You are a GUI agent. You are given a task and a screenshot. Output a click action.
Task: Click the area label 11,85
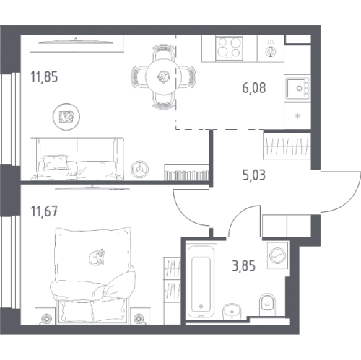point(44,77)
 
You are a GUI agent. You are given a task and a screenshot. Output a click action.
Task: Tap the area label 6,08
point(254,88)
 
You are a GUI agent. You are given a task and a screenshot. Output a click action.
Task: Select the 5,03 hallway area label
point(254,175)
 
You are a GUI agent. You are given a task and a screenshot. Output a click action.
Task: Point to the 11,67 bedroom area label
point(44,212)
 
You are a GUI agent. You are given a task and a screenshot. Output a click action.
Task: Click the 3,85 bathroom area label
point(243,266)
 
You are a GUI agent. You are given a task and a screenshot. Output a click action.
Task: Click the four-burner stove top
point(229,48)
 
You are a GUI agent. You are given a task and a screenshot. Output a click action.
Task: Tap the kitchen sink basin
point(297,88)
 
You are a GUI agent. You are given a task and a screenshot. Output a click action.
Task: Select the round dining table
point(163,77)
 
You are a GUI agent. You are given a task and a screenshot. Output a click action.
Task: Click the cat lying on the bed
point(97,257)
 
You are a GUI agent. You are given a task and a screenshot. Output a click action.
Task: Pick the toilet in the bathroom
point(267,304)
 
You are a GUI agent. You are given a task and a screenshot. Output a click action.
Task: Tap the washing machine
point(278,255)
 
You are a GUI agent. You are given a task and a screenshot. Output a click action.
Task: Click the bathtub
point(201,281)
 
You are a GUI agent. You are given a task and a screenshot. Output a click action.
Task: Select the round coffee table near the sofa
point(66,117)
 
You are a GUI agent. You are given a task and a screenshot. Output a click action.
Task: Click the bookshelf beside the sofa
point(187,172)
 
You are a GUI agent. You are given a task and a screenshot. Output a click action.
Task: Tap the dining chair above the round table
point(164,52)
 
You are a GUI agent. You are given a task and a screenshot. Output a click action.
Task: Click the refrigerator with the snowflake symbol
point(297,116)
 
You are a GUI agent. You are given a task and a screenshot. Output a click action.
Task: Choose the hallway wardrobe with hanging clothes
point(287,146)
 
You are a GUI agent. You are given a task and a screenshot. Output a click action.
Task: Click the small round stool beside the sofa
point(140,170)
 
